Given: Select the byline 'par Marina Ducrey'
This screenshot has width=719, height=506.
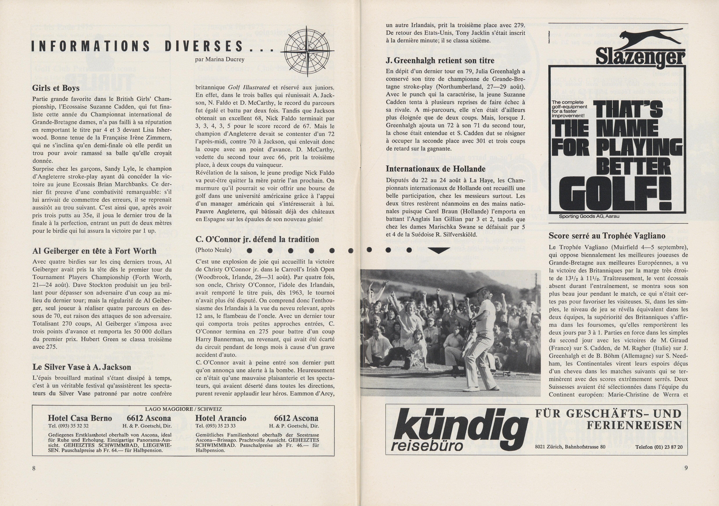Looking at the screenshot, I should coord(219,59).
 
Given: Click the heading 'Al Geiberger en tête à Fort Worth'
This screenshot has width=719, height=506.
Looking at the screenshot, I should coord(94,251).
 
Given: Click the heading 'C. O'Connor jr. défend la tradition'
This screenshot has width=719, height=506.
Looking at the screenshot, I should coord(257,239).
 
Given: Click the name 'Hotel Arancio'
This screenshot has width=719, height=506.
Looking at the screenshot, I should coord(221,418).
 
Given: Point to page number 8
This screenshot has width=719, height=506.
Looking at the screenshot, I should coord(34,468).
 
